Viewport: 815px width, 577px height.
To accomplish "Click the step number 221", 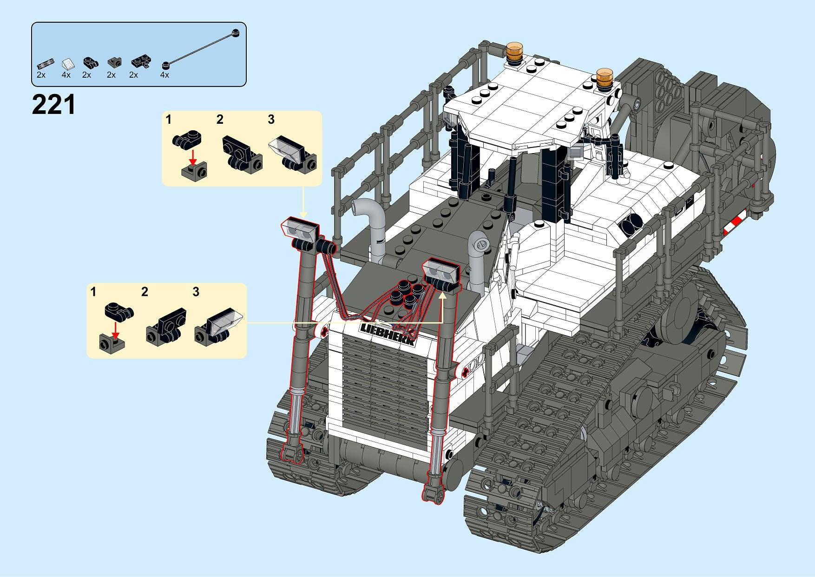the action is tap(53, 105).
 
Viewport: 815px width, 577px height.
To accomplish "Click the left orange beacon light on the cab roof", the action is tap(514, 53).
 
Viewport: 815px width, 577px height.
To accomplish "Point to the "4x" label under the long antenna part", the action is tap(164, 75).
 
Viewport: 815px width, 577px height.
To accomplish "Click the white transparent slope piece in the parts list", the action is tap(67, 63).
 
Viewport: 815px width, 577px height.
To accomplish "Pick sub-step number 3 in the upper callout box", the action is tap(271, 120).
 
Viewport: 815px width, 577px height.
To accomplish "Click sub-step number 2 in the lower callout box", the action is tap(145, 292).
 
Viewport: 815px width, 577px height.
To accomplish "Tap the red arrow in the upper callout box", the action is tap(193, 154).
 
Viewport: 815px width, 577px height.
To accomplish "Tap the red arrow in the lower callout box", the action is tap(116, 329).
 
